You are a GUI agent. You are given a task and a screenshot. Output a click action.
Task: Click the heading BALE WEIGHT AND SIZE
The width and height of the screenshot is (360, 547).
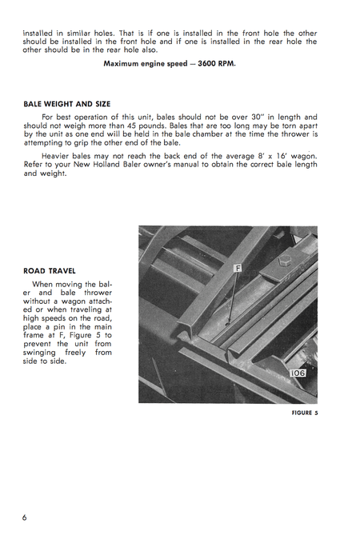point(67,104)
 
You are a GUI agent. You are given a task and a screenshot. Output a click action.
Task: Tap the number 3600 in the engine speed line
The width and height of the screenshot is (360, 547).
point(210,64)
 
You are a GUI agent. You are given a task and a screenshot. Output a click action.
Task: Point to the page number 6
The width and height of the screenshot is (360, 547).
point(25,517)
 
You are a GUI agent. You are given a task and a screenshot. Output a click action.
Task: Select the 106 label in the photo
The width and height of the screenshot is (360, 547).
point(299,373)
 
